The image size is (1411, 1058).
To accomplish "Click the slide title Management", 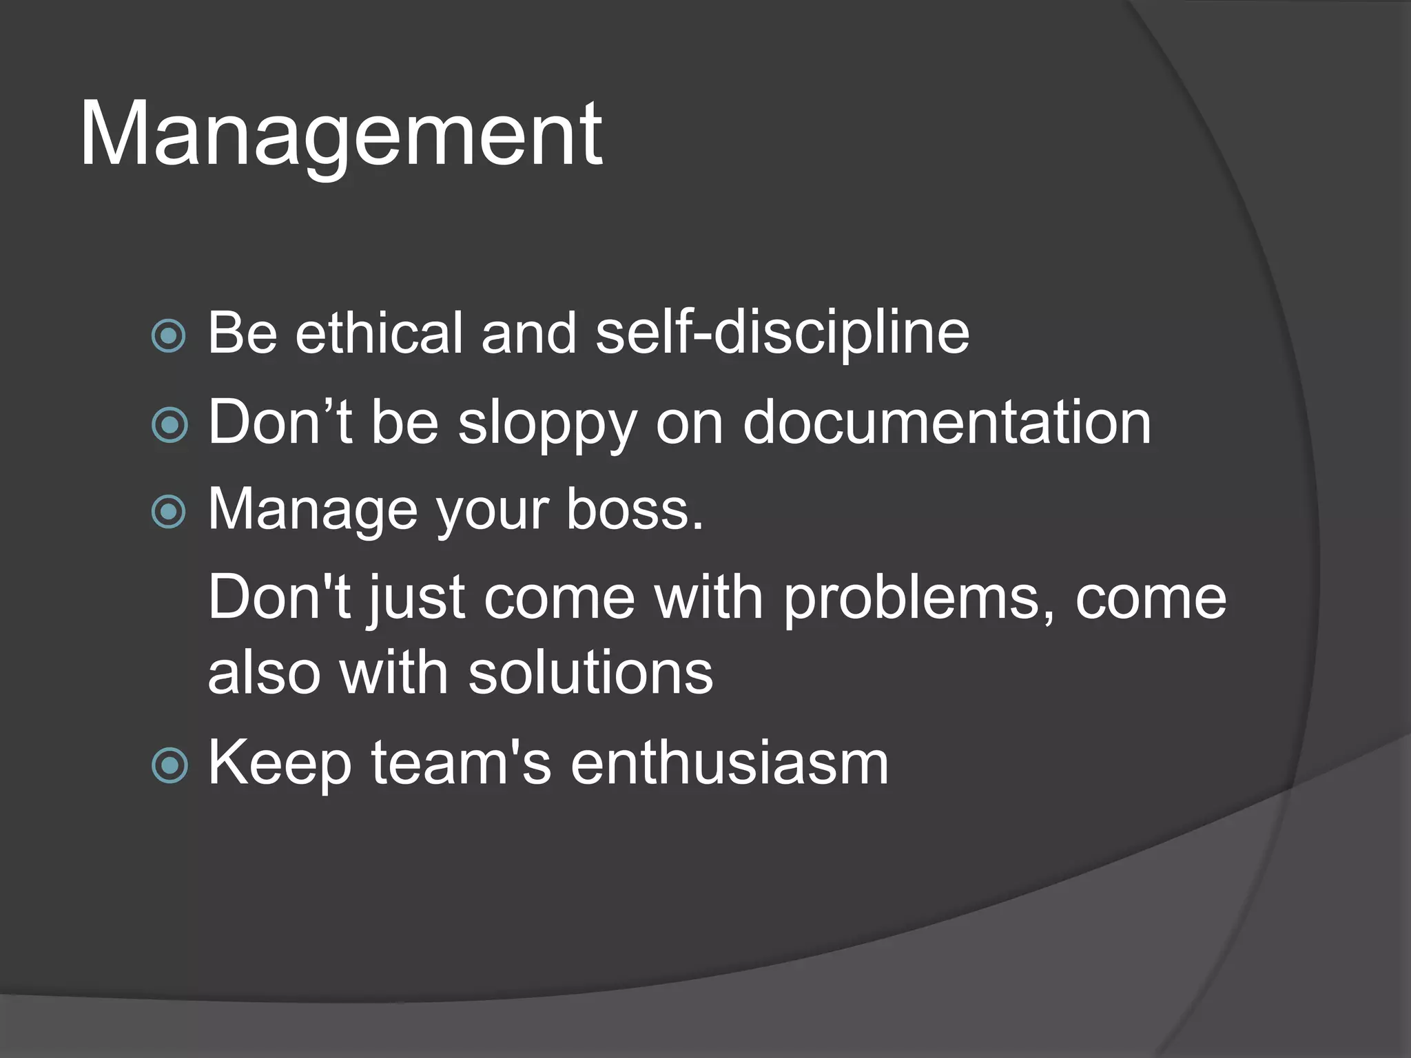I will click(341, 134).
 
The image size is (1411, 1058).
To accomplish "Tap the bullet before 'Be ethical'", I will click(169, 335).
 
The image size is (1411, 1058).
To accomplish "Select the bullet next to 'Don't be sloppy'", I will click(169, 424).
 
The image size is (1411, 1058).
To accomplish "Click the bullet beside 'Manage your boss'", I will click(169, 512).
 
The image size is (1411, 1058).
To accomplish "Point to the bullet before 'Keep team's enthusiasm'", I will click(169, 765).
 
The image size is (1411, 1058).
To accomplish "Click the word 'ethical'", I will click(378, 333).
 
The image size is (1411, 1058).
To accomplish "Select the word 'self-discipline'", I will click(781, 333).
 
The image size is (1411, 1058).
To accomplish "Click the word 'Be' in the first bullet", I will click(242, 333).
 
